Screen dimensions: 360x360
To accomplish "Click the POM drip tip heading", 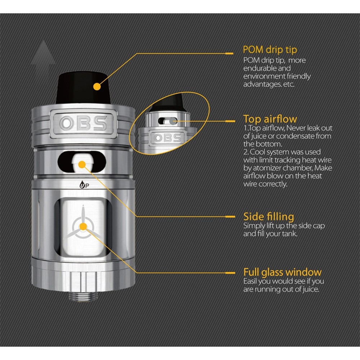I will tap(270, 50).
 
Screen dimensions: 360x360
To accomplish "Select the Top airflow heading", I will tap(270, 119).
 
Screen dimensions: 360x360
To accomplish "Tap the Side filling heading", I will tap(269, 217).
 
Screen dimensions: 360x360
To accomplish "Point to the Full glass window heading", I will tap(282, 272).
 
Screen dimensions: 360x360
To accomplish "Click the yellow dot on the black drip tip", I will tap(96, 86).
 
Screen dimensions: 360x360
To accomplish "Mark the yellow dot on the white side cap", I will tap(82, 165).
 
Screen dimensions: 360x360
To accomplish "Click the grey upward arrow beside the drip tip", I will tap(43, 58).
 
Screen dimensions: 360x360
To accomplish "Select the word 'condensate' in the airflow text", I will tap(292, 136).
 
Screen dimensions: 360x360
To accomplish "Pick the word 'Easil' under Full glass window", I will tap(251, 281).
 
